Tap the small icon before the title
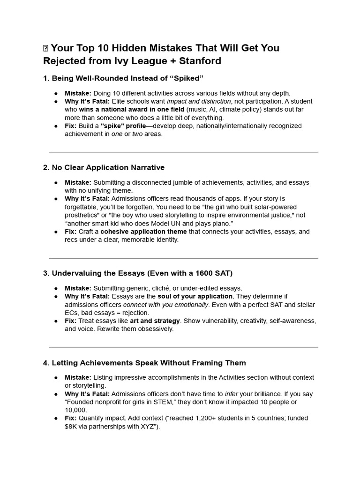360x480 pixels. click(x=45, y=48)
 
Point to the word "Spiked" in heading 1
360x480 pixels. click(x=187, y=78)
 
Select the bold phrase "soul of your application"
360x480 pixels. click(x=195, y=296)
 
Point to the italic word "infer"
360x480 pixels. click(x=232, y=394)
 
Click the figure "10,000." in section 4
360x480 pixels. click(x=76, y=410)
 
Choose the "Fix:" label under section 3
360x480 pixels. click(x=70, y=321)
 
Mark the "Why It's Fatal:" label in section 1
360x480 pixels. click(x=87, y=101)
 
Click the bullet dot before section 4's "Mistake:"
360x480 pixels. click(x=56, y=378)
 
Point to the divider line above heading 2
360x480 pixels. click(x=183, y=152)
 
